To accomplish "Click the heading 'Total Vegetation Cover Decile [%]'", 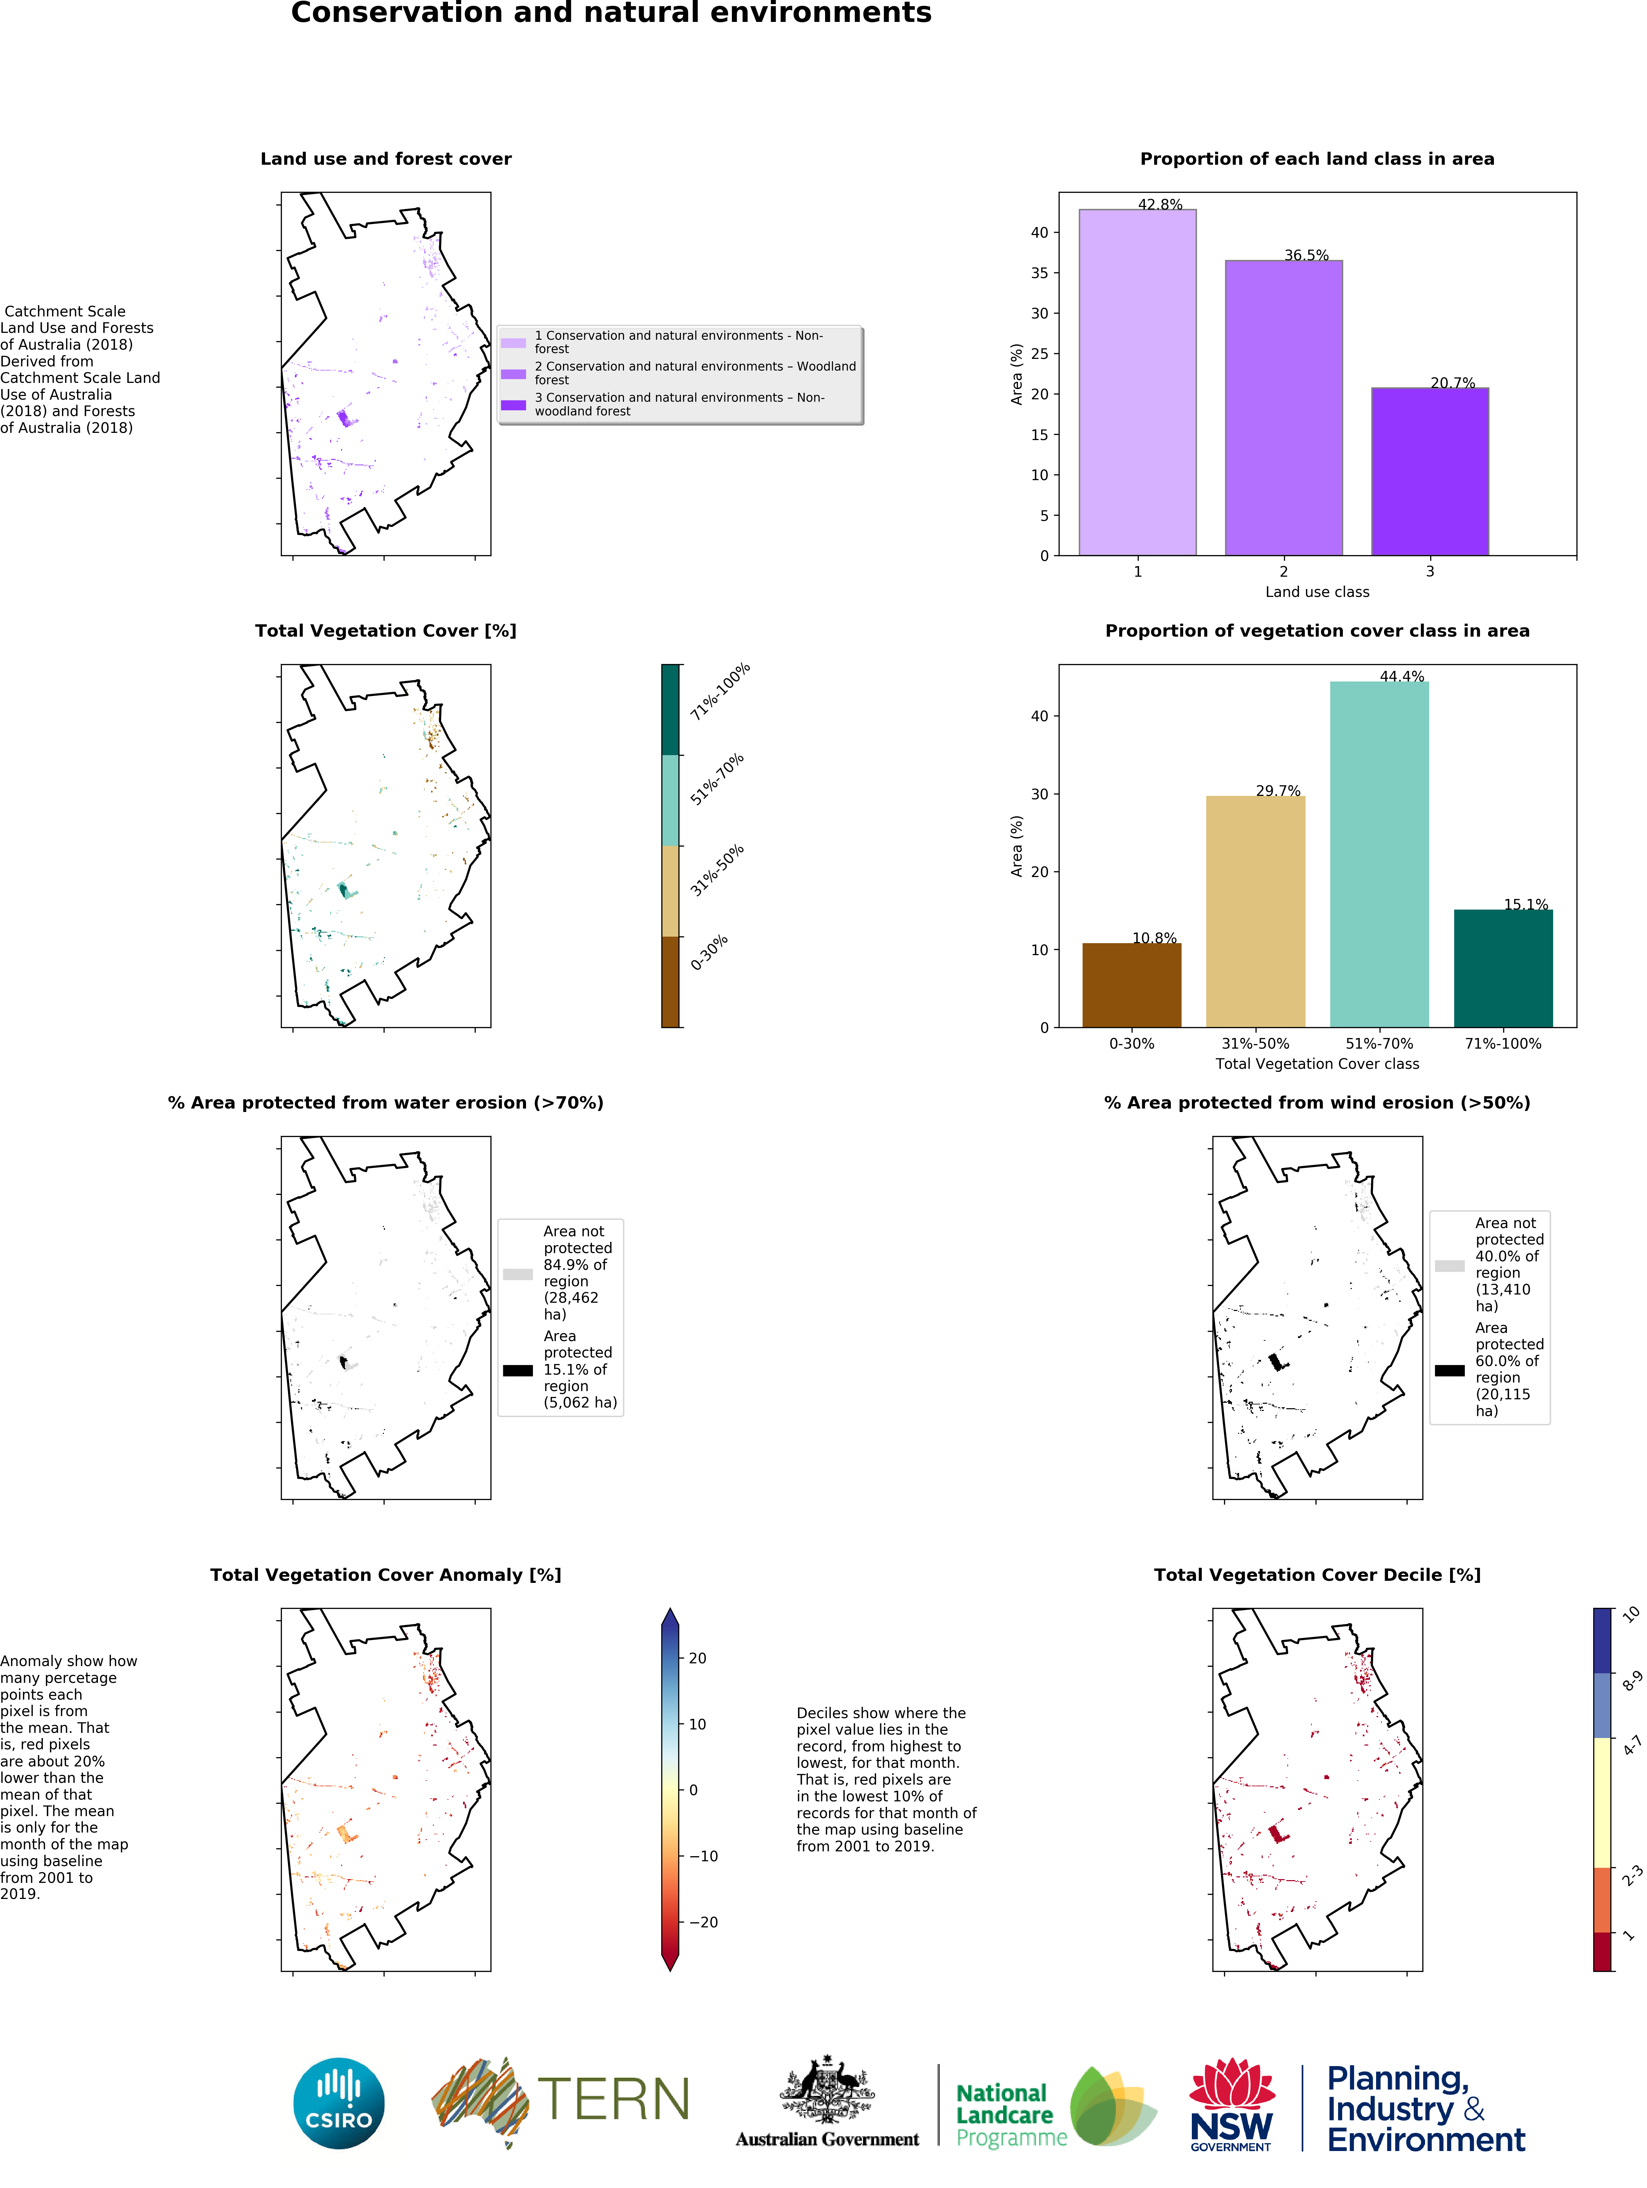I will tap(1317, 1575).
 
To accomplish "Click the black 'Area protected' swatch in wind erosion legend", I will tap(1449, 1370).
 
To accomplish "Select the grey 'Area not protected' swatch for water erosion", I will tap(517, 1274).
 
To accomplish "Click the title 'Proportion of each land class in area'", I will tap(1317, 159).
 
